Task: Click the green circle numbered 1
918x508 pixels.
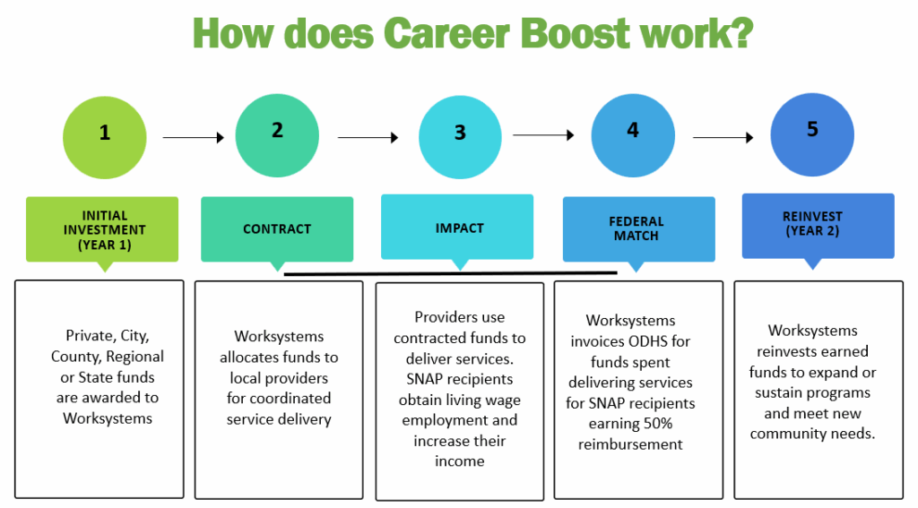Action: (x=105, y=138)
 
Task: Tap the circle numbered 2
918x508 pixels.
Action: (x=277, y=135)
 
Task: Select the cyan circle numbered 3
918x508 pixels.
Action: (x=460, y=137)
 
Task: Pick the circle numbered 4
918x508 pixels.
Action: (x=633, y=135)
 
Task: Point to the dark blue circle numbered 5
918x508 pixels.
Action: (x=812, y=134)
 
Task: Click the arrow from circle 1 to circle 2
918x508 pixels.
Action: (x=194, y=138)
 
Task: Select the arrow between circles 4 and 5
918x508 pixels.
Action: (x=723, y=138)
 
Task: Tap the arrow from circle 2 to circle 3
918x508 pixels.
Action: (x=368, y=138)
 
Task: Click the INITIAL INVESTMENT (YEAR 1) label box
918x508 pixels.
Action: (x=102, y=229)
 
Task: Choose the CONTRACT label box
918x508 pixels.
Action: (x=277, y=228)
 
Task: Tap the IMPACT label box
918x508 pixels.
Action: (x=457, y=227)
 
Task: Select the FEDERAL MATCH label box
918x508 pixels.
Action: (x=638, y=228)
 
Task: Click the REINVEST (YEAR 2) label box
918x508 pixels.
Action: (x=818, y=226)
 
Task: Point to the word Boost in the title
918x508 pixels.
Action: (x=575, y=33)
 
